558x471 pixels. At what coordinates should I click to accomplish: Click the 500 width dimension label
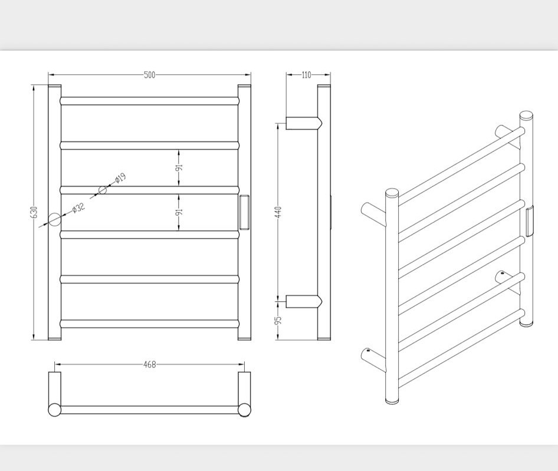150,75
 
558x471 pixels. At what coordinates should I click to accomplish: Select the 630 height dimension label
34,212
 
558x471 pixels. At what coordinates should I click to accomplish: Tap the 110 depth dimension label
306,75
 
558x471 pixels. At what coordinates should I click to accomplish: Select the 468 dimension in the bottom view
150,365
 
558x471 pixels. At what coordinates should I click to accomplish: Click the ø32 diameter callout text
78,207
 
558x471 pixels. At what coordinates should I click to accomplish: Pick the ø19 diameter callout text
120,177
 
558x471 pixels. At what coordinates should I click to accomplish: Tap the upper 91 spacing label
179,167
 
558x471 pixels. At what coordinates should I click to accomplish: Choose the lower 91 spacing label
179,211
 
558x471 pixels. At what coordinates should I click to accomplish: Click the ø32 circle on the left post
55,219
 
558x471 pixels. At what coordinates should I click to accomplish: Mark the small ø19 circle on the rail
103,190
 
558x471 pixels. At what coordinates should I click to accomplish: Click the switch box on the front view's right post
244,212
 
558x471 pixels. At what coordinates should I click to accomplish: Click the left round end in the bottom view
55,410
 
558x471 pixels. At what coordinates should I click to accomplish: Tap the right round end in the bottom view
244,410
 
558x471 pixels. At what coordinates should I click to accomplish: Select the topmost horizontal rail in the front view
149,101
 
